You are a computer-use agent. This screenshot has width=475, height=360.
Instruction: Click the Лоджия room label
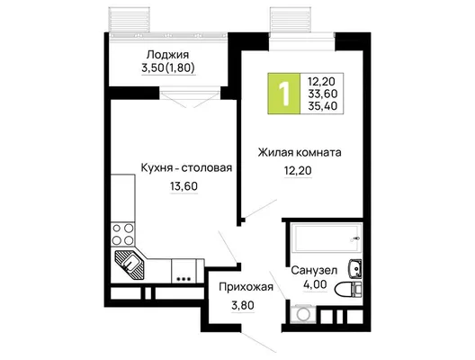(x=167, y=55)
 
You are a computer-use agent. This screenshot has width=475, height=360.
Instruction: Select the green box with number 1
(x=284, y=94)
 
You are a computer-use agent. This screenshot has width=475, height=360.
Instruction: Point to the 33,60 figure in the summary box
(x=323, y=94)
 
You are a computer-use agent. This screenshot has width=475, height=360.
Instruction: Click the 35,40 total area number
(x=323, y=106)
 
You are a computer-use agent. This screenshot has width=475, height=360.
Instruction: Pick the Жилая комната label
(x=300, y=152)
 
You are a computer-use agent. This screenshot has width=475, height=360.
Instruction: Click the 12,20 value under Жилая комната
(x=298, y=171)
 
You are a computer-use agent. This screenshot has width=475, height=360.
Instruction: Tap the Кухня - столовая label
(x=186, y=167)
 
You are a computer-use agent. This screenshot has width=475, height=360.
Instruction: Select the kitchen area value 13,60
(x=184, y=186)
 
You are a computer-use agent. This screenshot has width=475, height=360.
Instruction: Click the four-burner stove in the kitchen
(x=122, y=234)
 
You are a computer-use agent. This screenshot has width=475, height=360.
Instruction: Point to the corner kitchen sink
(x=130, y=263)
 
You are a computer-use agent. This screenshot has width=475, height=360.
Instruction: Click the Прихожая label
(x=246, y=287)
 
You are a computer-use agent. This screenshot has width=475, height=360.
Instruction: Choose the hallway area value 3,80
(x=243, y=305)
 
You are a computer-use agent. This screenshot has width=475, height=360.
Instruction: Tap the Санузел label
(x=314, y=270)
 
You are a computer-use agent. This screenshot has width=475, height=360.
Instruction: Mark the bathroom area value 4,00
(x=315, y=284)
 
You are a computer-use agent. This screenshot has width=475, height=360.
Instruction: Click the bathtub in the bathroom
(x=326, y=238)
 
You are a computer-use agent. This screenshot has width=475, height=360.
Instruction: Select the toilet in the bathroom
(x=348, y=289)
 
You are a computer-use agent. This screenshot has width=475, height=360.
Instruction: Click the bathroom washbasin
(x=355, y=268)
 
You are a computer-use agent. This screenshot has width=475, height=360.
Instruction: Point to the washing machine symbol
(x=303, y=314)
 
